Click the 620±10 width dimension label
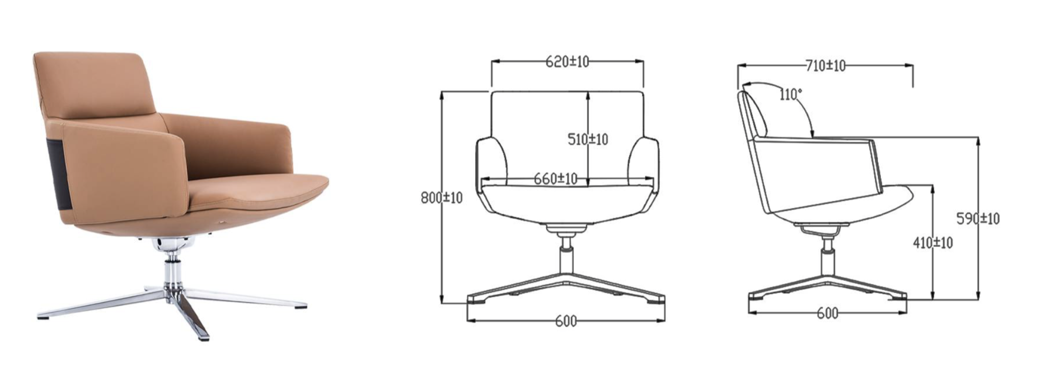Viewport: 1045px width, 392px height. coord(567,62)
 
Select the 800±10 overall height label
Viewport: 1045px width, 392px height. coord(441,198)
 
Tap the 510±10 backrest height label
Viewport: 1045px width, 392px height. coord(587,140)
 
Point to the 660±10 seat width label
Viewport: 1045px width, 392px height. coord(555,179)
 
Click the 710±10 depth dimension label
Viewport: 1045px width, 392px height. coord(825,65)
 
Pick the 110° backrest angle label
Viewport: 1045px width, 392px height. coord(790,94)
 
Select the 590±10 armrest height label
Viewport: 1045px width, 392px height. coord(978,219)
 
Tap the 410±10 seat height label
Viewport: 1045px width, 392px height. coord(932,243)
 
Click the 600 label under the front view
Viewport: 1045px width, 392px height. coord(566,321)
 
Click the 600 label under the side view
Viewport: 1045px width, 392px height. coord(827,313)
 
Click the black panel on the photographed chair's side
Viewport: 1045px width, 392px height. coord(57,172)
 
